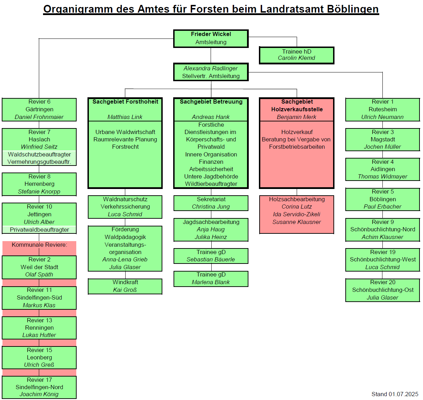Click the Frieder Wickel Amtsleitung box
[211, 38]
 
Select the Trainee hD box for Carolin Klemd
[297, 55]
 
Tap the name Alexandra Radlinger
[211, 68]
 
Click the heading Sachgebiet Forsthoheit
[125, 102]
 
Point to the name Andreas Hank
[211, 117]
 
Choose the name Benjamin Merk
[297, 117]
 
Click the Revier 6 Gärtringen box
[39, 110]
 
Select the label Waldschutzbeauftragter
[39, 154]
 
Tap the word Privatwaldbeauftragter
[39, 230]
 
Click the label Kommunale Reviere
[39, 245]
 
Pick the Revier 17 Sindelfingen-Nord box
[39, 387]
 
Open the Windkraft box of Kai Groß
[125, 286]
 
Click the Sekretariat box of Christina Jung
[211, 203]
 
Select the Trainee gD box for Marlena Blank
[211, 279]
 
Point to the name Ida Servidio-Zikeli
[297, 214]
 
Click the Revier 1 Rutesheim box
[382, 110]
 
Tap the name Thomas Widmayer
[382, 177]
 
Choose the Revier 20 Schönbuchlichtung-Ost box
[382, 290]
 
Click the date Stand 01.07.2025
[395, 394]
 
